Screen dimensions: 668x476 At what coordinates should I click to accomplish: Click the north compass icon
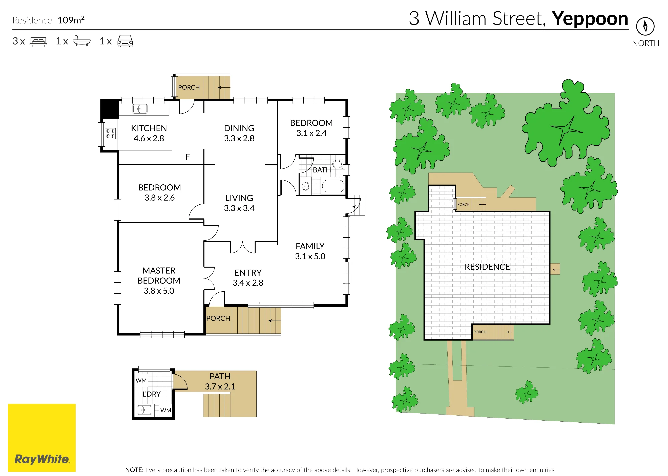click(645, 26)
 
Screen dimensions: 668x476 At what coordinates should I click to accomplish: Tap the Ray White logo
click(42, 438)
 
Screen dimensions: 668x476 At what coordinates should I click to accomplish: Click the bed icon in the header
click(38, 41)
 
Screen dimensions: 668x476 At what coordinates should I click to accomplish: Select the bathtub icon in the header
click(81, 41)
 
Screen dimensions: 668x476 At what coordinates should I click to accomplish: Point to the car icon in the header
click(125, 41)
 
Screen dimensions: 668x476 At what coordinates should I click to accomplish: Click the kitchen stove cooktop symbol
click(110, 133)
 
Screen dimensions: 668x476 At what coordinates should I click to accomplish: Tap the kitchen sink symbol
click(140, 109)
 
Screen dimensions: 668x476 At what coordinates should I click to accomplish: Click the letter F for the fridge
click(188, 157)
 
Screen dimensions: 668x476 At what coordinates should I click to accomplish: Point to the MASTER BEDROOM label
click(159, 275)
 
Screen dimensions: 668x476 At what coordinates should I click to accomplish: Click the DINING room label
click(239, 128)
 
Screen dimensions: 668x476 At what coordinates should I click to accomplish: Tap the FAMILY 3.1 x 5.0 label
click(310, 251)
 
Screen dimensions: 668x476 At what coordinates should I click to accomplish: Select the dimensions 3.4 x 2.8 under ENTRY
click(248, 283)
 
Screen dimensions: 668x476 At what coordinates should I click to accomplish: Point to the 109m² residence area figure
click(71, 20)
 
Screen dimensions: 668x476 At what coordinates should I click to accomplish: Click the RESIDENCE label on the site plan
click(487, 267)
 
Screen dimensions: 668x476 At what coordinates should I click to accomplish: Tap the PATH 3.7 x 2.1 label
click(220, 381)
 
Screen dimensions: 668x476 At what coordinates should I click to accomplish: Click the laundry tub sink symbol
click(144, 410)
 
